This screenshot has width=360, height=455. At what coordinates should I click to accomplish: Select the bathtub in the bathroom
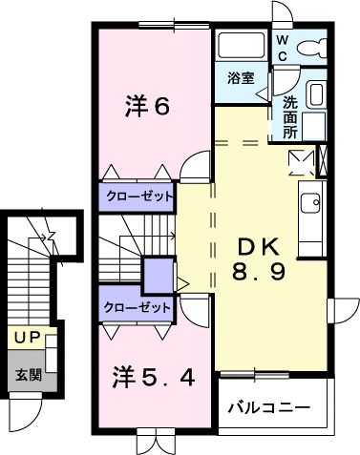[x=240, y=46]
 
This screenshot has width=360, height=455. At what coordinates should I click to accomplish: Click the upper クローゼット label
[x=139, y=197]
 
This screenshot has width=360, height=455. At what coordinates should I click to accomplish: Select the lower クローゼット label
[x=138, y=307]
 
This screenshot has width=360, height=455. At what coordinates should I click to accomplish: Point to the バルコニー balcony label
[x=268, y=407]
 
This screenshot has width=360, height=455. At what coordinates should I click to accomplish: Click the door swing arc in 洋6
[x=194, y=165]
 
